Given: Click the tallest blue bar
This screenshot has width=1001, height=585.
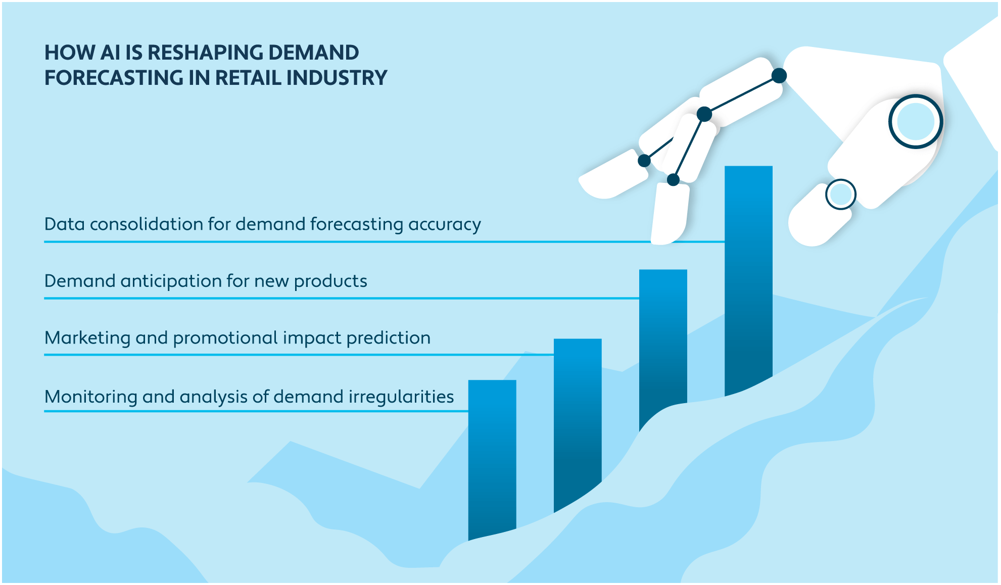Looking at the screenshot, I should (x=748, y=278).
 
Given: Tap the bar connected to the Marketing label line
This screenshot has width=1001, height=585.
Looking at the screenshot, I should (x=578, y=419).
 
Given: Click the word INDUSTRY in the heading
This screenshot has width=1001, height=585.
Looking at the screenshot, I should (x=337, y=78).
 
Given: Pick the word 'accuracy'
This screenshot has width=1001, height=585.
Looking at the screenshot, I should (x=445, y=224).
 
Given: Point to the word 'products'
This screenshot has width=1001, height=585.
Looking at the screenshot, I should (x=330, y=281).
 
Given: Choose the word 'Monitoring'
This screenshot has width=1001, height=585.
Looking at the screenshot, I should (x=91, y=397).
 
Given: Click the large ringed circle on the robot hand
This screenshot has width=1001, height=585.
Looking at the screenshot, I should (x=915, y=122).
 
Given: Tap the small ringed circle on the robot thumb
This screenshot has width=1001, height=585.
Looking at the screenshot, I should (x=840, y=194).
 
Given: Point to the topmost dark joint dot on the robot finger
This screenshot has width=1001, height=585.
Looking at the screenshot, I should (x=779, y=76).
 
